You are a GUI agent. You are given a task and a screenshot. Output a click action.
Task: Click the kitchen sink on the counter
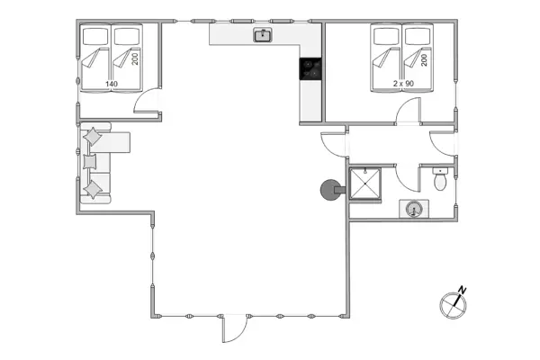coord(264,35)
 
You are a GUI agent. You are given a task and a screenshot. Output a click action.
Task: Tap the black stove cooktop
coord(310,68)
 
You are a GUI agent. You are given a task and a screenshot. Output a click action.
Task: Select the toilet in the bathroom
coord(439,180)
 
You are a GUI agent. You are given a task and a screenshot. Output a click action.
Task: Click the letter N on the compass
coord(462,290)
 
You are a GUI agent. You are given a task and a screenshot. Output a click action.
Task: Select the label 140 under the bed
coord(112,84)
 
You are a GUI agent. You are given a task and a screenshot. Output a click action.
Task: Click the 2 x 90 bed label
coord(402,84)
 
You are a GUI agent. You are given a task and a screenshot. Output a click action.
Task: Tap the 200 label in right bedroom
coord(423,58)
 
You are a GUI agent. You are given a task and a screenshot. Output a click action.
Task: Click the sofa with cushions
coord(97,164)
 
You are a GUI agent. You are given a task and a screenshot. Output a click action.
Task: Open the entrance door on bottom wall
coord(231,328)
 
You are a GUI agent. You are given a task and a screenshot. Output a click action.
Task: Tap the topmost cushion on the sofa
coord(93,136)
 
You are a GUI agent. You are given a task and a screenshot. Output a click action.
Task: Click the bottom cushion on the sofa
coord(94,189)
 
